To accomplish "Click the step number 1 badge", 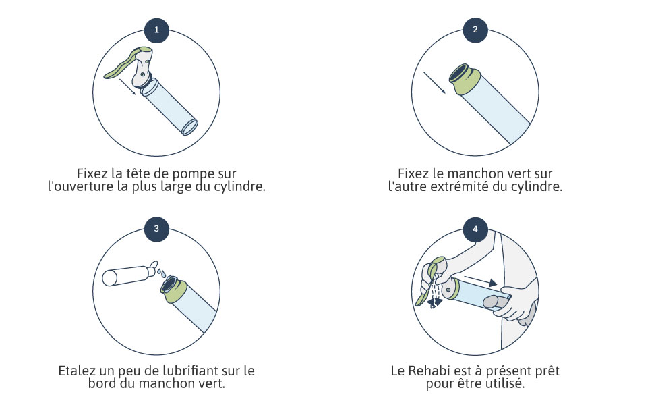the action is tap(157, 30).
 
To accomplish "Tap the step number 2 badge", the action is tap(475, 30).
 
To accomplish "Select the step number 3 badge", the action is tap(157, 229).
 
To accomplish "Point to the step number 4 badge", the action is tap(475, 229).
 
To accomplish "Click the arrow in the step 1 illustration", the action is tap(127, 87).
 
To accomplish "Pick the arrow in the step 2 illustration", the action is tap(435, 82).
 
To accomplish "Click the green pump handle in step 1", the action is tap(125, 63).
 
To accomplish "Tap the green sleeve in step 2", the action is tap(465, 80).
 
